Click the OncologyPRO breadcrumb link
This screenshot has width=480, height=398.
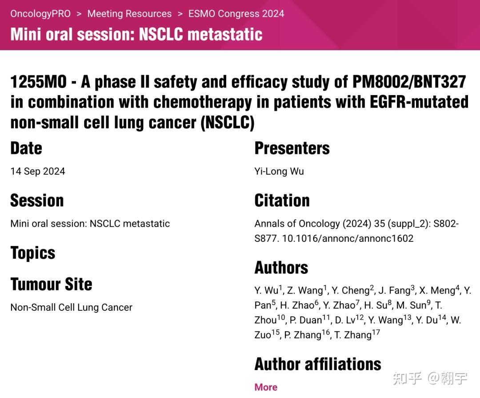click(40, 14)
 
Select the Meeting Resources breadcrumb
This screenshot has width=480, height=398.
click(129, 14)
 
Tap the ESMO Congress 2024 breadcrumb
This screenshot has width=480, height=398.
click(236, 14)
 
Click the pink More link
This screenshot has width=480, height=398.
click(266, 387)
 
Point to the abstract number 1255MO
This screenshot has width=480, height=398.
click(39, 82)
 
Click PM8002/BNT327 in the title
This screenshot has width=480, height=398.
click(409, 82)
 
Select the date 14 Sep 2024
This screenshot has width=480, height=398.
click(38, 171)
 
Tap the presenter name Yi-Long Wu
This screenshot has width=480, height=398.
click(279, 171)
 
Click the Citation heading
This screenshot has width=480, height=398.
click(282, 201)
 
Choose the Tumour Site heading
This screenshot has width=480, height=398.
click(51, 284)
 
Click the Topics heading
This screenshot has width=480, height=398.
click(33, 253)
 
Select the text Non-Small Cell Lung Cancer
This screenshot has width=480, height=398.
click(71, 307)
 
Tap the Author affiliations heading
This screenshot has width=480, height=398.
click(318, 364)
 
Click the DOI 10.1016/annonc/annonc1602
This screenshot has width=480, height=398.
click(348, 238)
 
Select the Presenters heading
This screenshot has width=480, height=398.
click(292, 148)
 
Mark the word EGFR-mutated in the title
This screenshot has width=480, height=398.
click(419, 102)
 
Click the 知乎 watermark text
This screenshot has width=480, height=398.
click(407, 378)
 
